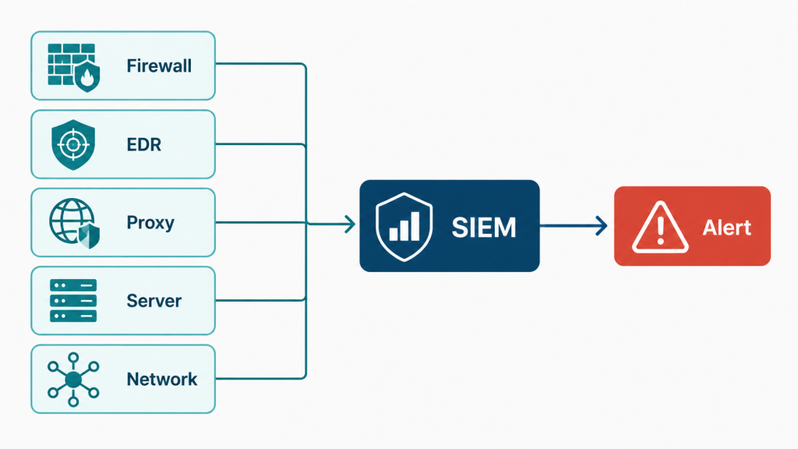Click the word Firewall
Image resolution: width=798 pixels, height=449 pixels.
(159, 65)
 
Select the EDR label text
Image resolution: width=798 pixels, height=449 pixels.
(144, 144)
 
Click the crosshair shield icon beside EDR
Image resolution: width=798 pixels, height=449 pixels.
(73, 144)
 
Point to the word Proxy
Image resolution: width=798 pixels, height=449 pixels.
(150, 223)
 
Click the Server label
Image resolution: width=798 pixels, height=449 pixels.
(154, 301)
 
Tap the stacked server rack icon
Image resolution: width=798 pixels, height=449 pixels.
(73, 300)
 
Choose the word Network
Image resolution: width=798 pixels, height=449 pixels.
(162, 380)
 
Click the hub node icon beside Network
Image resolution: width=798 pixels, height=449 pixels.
(73, 380)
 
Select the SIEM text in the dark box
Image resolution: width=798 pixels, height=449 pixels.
(484, 227)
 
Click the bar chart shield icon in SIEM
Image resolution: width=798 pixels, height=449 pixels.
(404, 227)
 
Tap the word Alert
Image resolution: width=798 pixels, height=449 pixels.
(727, 228)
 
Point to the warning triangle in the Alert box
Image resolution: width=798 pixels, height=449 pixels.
(660, 228)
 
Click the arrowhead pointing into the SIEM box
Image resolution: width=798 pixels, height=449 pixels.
(350, 224)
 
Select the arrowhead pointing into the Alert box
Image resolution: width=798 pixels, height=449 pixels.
(602, 225)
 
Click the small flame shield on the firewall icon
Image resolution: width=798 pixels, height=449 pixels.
(87, 77)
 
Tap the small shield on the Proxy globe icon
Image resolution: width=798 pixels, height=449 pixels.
(89, 235)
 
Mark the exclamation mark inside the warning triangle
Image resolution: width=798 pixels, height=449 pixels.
(660, 230)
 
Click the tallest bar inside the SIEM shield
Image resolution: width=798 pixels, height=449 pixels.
(415, 225)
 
